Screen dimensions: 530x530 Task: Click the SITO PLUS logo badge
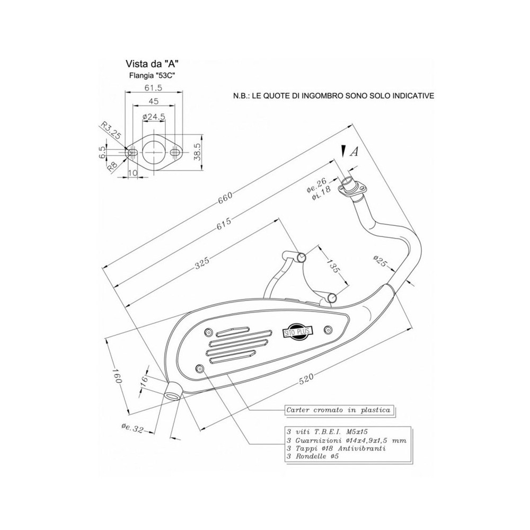pos(297,332)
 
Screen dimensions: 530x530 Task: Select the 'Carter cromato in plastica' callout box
pos(338,410)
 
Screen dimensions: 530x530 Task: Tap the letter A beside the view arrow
pos(355,152)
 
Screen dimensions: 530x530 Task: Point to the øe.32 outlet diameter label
pos(131,428)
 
